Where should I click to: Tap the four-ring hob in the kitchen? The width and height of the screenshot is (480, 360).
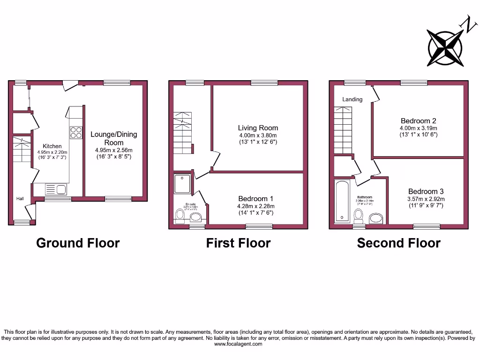click(75, 133)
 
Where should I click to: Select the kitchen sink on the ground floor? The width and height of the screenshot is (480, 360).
click(56, 189)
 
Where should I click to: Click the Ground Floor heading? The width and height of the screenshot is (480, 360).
click(78, 243)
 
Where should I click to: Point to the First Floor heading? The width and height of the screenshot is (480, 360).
click(238, 243)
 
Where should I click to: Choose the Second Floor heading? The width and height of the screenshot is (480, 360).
click(398, 243)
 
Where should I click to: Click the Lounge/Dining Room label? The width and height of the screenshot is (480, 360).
click(114, 138)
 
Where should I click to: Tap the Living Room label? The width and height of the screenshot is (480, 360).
click(258, 127)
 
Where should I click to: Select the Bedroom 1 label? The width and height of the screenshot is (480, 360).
click(256, 198)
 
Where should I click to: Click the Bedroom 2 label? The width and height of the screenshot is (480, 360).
click(418, 120)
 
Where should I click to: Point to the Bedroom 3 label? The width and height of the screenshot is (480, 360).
click(426, 191)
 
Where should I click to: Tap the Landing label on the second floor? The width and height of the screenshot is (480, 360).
click(352, 99)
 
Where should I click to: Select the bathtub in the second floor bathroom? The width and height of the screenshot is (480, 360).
click(342, 202)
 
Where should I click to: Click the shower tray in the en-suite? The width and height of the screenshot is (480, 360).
click(183, 184)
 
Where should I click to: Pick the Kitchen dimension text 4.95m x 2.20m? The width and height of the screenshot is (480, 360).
click(52, 152)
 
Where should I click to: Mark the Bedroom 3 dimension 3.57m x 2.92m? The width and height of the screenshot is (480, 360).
click(426, 199)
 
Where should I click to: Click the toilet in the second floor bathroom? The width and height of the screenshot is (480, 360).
click(359, 216)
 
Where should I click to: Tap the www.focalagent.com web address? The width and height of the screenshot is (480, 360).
click(238, 344)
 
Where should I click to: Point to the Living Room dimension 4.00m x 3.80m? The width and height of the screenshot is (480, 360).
click(258, 135)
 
